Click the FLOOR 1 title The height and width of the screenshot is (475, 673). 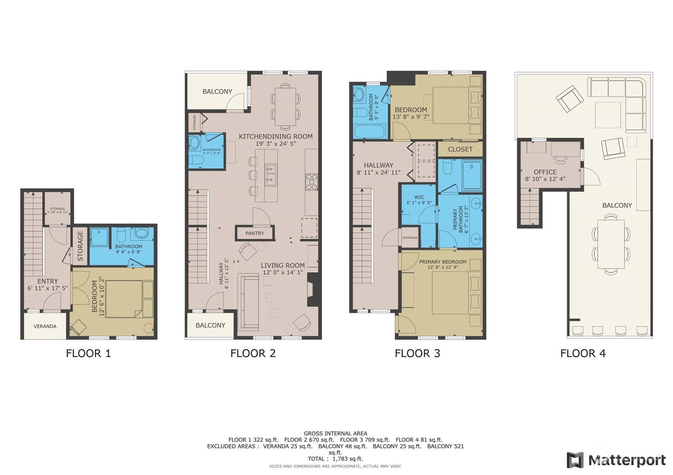pyautogui.click(x=88, y=353)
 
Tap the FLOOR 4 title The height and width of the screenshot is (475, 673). pyautogui.click(x=583, y=353)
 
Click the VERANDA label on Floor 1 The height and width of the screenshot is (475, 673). pyautogui.click(x=45, y=326)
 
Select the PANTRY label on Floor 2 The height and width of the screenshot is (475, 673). pyautogui.click(x=255, y=233)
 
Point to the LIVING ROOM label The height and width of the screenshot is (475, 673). pyautogui.click(x=283, y=265)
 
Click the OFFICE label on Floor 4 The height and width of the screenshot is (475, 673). pyautogui.click(x=545, y=172)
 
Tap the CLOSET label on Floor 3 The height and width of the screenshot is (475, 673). pyautogui.click(x=460, y=149)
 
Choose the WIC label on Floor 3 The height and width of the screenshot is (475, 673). pyautogui.click(x=419, y=197)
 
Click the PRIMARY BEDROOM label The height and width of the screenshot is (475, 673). pyautogui.click(x=443, y=262)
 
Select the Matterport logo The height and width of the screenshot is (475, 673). pyautogui.click(x=616, y=460)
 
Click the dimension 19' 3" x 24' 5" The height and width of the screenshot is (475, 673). pyautogui.click(x=276, y=144)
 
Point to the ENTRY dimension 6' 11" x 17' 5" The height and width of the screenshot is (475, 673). pyautogui.click(x=47, y=288)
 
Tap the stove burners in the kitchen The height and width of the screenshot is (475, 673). pyautogui.click(x=311, y=182)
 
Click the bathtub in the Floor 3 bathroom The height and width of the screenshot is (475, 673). pyautogui.click(x=369, y=131)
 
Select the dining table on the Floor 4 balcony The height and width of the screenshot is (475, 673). pyautogui.click(x=611, y=244)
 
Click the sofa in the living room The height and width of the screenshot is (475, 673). pyautogui.click(x=248, y=302)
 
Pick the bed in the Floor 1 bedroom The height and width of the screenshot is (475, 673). pyautogui.click(x=124, y=299)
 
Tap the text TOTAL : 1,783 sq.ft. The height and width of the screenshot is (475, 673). pyautogui.click(x=335, y=459)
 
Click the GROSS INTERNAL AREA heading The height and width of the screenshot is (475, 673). pyautogui.click(x=335, y=433)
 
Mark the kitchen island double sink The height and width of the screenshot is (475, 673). pyautogui.click(x=271, y=175)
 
